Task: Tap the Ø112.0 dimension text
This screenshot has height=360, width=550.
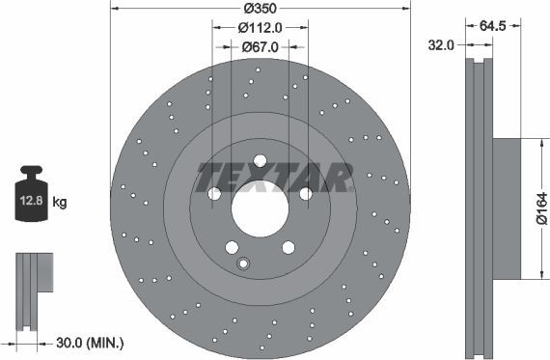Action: click(x=260, y=27)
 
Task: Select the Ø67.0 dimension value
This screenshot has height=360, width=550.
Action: click(x=260, y=46)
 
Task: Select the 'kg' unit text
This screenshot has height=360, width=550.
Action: click(x=59, y=203)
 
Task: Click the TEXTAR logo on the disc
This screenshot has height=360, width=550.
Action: click(x=274, y=178)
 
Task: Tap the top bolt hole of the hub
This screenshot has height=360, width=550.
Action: click(x=260, y=161)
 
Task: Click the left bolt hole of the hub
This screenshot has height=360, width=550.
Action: click(x=214, y=194)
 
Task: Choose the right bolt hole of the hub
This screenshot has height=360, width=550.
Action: click(x=306, y=194)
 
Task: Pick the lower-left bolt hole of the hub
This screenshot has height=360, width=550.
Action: click(x=232, y=247)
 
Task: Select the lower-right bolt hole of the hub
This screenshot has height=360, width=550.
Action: click(x=288, y=247)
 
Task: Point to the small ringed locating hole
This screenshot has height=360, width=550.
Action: click(x=243, y=264)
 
